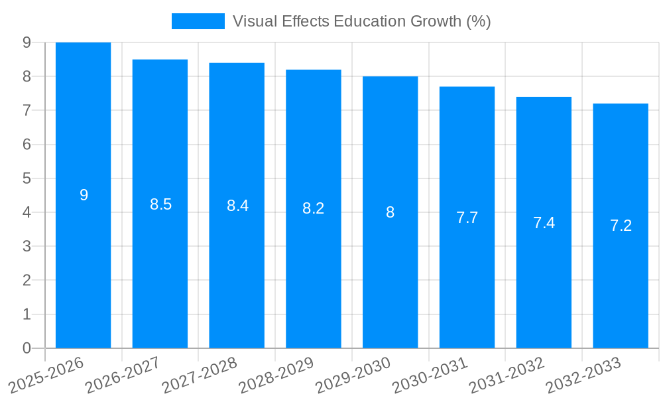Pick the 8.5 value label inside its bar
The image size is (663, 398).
(160, 204)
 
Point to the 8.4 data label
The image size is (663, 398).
(237, 206)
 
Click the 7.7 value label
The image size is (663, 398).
(467, 218)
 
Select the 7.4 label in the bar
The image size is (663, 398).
(544, 223)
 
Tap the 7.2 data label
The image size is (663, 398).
(621, 226)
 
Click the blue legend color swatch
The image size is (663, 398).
(198, 21)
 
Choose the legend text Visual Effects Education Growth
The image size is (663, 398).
(361, 21)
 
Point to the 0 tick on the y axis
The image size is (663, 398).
(27, 348)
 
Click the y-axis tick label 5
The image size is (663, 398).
(27, 178)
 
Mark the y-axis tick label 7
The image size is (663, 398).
(27, 110)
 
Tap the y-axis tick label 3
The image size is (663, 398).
(27, 246)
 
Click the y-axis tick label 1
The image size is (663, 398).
(27, 314)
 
